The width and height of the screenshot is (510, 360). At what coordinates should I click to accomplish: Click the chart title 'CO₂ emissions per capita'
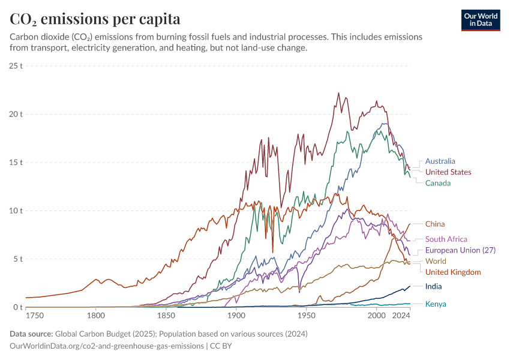[95, 19]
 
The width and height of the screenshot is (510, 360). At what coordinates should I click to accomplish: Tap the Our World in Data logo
[481, 20]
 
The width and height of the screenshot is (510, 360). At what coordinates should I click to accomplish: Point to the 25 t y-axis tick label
[16, 65]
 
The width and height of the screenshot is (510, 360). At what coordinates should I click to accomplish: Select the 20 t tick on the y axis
[16, 114]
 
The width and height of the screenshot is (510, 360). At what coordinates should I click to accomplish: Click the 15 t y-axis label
[16, 163]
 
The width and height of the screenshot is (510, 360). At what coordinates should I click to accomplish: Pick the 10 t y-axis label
[16, 211]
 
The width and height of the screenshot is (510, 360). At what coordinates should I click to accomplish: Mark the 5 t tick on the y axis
[18, 259]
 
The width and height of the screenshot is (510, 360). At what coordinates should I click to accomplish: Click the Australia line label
[440, 161]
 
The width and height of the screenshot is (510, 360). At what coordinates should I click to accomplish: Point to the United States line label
[448, 172]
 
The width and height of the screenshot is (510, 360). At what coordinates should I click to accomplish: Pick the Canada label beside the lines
[438, 183]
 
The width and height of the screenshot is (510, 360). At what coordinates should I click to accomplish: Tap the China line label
[435, 224]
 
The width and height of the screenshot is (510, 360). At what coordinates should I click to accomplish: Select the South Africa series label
[446, 239]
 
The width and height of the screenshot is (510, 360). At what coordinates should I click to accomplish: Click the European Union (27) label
[460, 250]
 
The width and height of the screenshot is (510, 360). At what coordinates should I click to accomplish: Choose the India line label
[434, 287]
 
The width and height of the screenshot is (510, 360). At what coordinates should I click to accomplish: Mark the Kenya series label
[436, 304]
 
